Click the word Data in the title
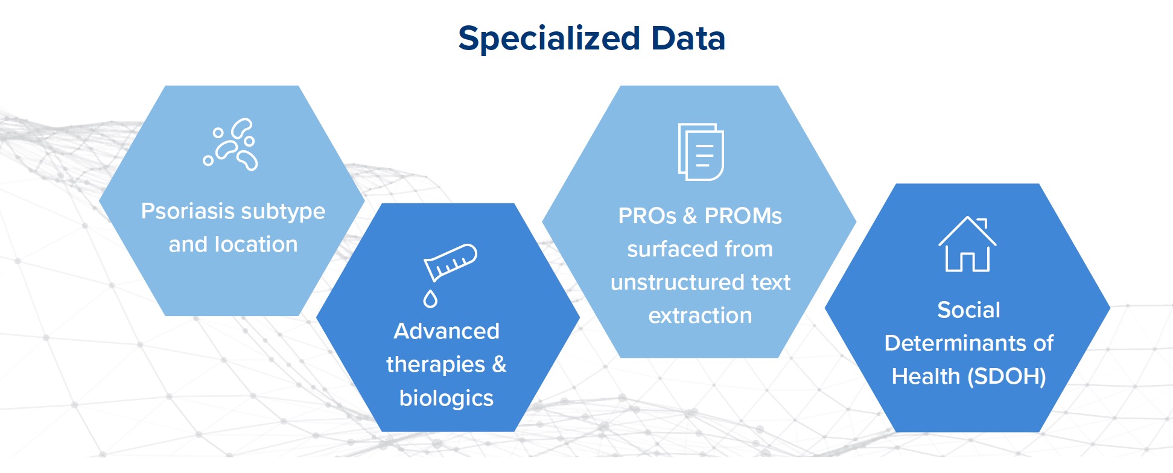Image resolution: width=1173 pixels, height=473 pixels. [688, 38]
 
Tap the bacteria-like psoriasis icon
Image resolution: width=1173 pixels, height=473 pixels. [230, 145]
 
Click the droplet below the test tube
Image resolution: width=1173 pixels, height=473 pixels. [430, 299]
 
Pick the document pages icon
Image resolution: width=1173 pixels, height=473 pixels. [701, 152]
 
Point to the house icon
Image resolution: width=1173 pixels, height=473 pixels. [967, 244]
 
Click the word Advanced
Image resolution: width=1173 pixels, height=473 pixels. [447, 331]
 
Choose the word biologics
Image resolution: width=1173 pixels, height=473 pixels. [447, 399]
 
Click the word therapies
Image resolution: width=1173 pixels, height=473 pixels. [436, 365]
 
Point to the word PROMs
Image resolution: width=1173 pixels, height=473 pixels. [743, 216]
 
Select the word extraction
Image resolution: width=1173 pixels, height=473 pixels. [700, 316]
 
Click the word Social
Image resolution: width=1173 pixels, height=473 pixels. [968, 310]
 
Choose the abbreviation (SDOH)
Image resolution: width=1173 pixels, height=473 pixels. [1006, 377]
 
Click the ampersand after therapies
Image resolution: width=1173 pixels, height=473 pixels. [500, 364]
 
